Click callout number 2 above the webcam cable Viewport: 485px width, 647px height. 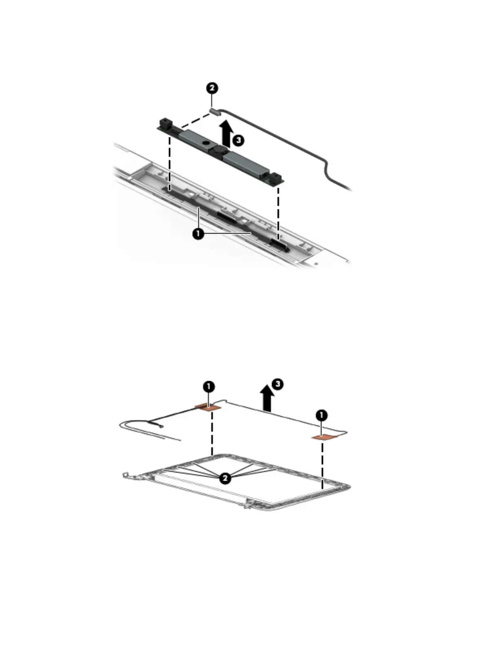[x=212, y=88]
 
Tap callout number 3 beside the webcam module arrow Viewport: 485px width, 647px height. [x=239, y=141]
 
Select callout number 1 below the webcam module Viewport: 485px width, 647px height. [x=198, y=234]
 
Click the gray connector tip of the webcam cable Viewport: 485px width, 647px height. [x=213, y=111]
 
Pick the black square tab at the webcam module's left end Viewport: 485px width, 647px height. [x=165, y=122]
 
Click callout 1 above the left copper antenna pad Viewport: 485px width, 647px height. [x=209, y=386]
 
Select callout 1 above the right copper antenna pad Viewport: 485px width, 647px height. [x=321, y=415]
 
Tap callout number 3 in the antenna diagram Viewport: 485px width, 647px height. [x=277, y=384]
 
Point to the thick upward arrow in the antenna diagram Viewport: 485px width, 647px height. [x=268, y=398]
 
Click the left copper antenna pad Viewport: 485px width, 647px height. [x=207, y=407]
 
